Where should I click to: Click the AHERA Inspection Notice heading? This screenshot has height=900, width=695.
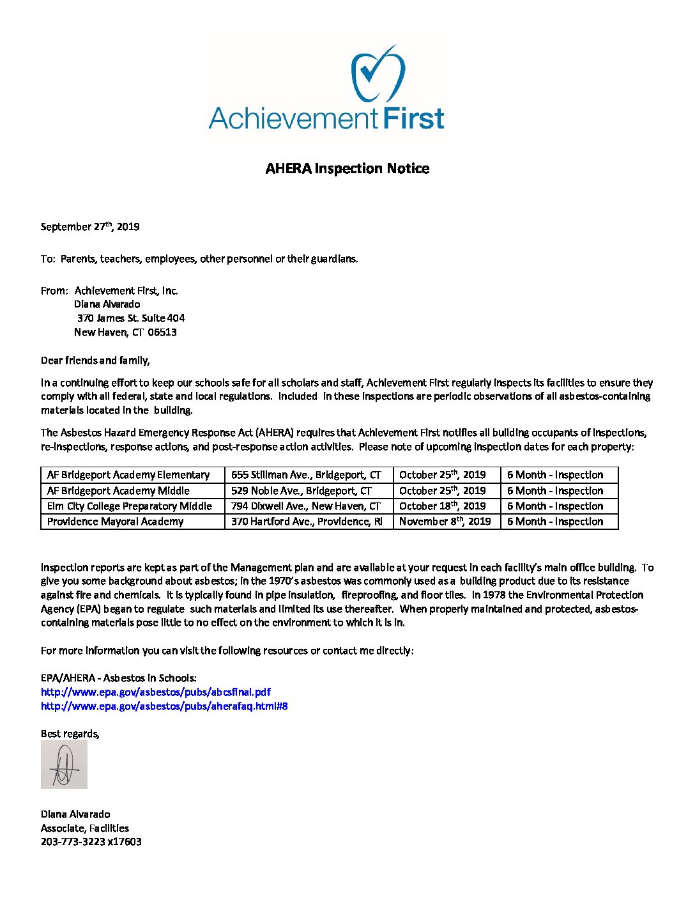347,169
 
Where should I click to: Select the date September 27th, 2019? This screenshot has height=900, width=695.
90,227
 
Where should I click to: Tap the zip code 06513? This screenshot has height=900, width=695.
162,332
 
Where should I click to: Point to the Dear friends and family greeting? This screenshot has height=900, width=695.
95,361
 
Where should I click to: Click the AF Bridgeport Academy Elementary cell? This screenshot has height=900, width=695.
128,475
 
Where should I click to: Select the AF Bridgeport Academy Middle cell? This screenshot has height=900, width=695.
118,491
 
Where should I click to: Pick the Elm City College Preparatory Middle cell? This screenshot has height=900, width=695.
130,506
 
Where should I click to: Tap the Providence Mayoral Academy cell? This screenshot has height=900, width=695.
116,522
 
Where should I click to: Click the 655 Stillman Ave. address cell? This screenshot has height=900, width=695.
306,475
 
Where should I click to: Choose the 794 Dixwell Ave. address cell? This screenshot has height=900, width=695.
306,506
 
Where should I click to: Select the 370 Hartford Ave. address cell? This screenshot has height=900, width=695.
307,522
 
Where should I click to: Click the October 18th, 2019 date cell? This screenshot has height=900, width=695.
443,506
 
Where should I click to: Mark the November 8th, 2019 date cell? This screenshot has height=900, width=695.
445,522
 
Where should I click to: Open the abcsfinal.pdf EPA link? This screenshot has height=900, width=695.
156,692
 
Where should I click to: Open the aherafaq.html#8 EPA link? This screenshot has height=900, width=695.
164,706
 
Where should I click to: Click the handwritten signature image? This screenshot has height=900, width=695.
64,765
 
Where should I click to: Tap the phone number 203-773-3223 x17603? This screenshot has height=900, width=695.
91,842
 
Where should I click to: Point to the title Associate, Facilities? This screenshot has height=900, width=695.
85,828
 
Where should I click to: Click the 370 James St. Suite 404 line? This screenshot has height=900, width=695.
131,318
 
